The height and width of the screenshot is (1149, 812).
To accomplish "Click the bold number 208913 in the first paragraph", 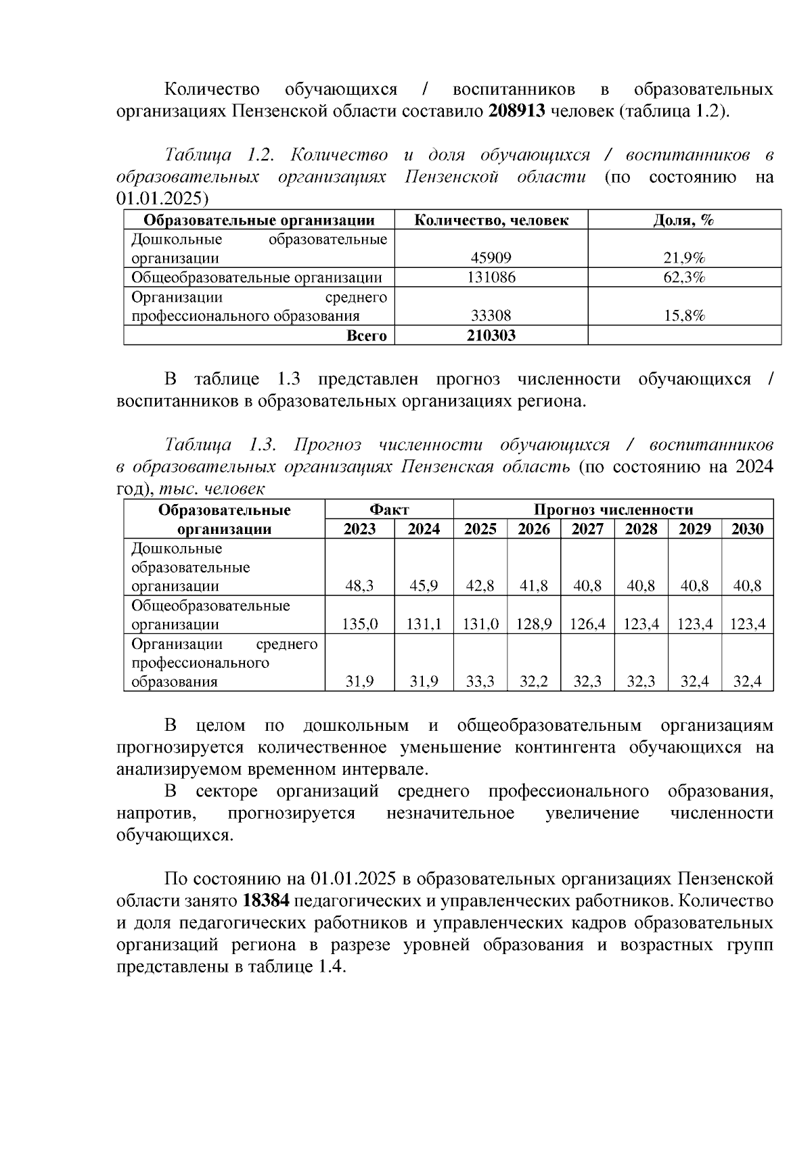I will point(516,111).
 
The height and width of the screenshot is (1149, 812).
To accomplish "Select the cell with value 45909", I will point(491,258).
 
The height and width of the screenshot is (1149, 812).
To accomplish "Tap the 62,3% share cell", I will point(684,277).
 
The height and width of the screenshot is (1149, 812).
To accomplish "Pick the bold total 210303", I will point(491,336).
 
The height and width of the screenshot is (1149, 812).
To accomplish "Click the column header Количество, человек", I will point(491,220).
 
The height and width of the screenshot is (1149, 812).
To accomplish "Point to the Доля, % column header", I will point(684,220).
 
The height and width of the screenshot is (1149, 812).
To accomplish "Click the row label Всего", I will point(366,336).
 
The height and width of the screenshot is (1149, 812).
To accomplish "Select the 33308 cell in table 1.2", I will point(491,316).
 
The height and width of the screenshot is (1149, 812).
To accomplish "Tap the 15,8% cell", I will point(684,316).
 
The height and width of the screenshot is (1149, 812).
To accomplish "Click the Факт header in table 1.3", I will point(389,510).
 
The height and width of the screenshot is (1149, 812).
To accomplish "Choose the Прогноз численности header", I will point(613,510).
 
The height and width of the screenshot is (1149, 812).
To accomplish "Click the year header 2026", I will point(534,529).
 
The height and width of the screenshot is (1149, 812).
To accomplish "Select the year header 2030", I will point(747,529).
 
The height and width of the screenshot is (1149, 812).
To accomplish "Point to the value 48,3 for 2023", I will point(359,586).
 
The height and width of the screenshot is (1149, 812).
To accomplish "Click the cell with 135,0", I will point(359,625).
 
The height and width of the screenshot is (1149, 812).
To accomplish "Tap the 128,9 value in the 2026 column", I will point(534,625).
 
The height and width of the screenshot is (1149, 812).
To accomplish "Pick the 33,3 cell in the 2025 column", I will point(480,682).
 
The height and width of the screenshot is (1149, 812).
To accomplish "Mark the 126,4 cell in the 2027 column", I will point(587,625).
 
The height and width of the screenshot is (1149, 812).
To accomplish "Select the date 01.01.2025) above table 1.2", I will point(163,199).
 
